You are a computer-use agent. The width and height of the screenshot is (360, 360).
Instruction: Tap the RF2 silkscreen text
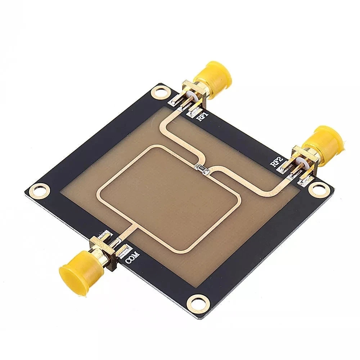click(x=275, y=161)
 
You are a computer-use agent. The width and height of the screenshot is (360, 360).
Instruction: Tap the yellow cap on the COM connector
click(x=74, y=271)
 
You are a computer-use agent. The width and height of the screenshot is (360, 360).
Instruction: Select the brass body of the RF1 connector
click(x=195, y=88)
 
